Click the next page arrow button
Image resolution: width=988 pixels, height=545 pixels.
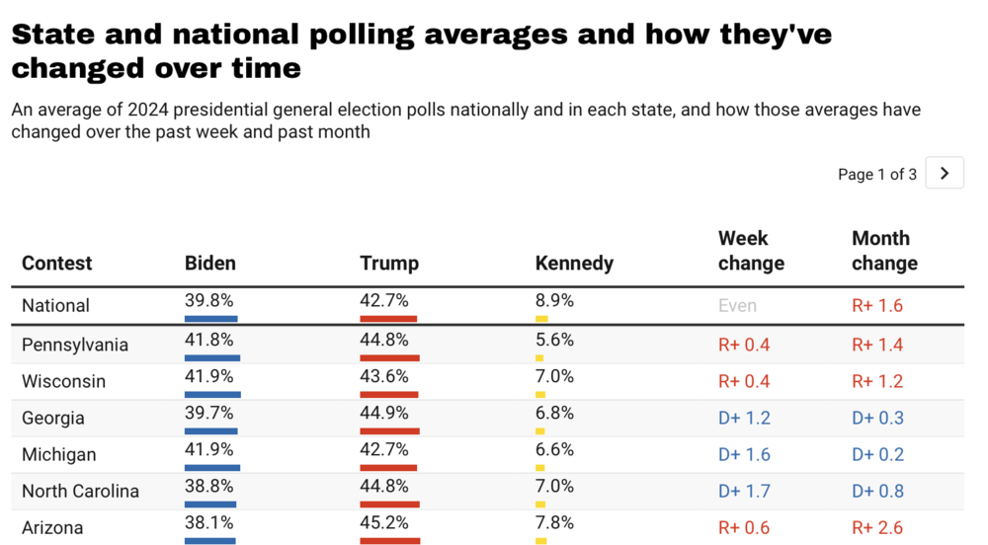pyautogui.click(x=945, y=174)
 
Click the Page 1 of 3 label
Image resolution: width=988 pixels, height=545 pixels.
pyautogui.click(x=876, y=175)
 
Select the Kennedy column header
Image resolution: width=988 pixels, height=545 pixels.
pyautogui.click(x=574, y=264)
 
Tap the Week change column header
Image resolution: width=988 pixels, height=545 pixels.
pyautogui.click(x=751, y=251)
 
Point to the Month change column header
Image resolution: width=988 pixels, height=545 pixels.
pyautogui.click(x=884, y=251)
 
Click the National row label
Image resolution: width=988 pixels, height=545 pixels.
pyautogui.click(x=55, y=306)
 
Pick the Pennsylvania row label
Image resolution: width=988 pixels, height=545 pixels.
pyautogui.click(x=75, y=345)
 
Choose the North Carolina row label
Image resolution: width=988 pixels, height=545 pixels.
pyautogui.click(x=80, y=491)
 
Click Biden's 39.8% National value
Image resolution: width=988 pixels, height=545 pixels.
pyautogui.click(x=209, y=300)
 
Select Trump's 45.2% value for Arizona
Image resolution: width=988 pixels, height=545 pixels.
pyautogui.click(x=384, y=522)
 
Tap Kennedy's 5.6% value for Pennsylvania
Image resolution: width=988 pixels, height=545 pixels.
pyautogui.click(x=554, y=340)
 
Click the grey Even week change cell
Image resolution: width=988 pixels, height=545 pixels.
pyautogui.click(x=737, y=306)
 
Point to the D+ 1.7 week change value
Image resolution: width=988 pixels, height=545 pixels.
pyautogui.click(x=744, y=491)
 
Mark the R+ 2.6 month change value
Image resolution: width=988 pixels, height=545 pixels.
pyautogui.click(x=877, y=527)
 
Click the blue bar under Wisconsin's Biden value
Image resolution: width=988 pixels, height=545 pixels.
pyautogui.click(x=212, y=394)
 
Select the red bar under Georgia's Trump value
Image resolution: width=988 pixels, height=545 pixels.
pyautogui.click(x=388, y=430)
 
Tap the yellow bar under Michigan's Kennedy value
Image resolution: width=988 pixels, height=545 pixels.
pyautogui.click(x=540, y=467)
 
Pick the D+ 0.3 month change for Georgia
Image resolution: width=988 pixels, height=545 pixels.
pyautogui.click(x=877, y=418)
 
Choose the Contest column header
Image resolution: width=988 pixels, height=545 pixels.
pyautogui.click(x=56, y=264)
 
